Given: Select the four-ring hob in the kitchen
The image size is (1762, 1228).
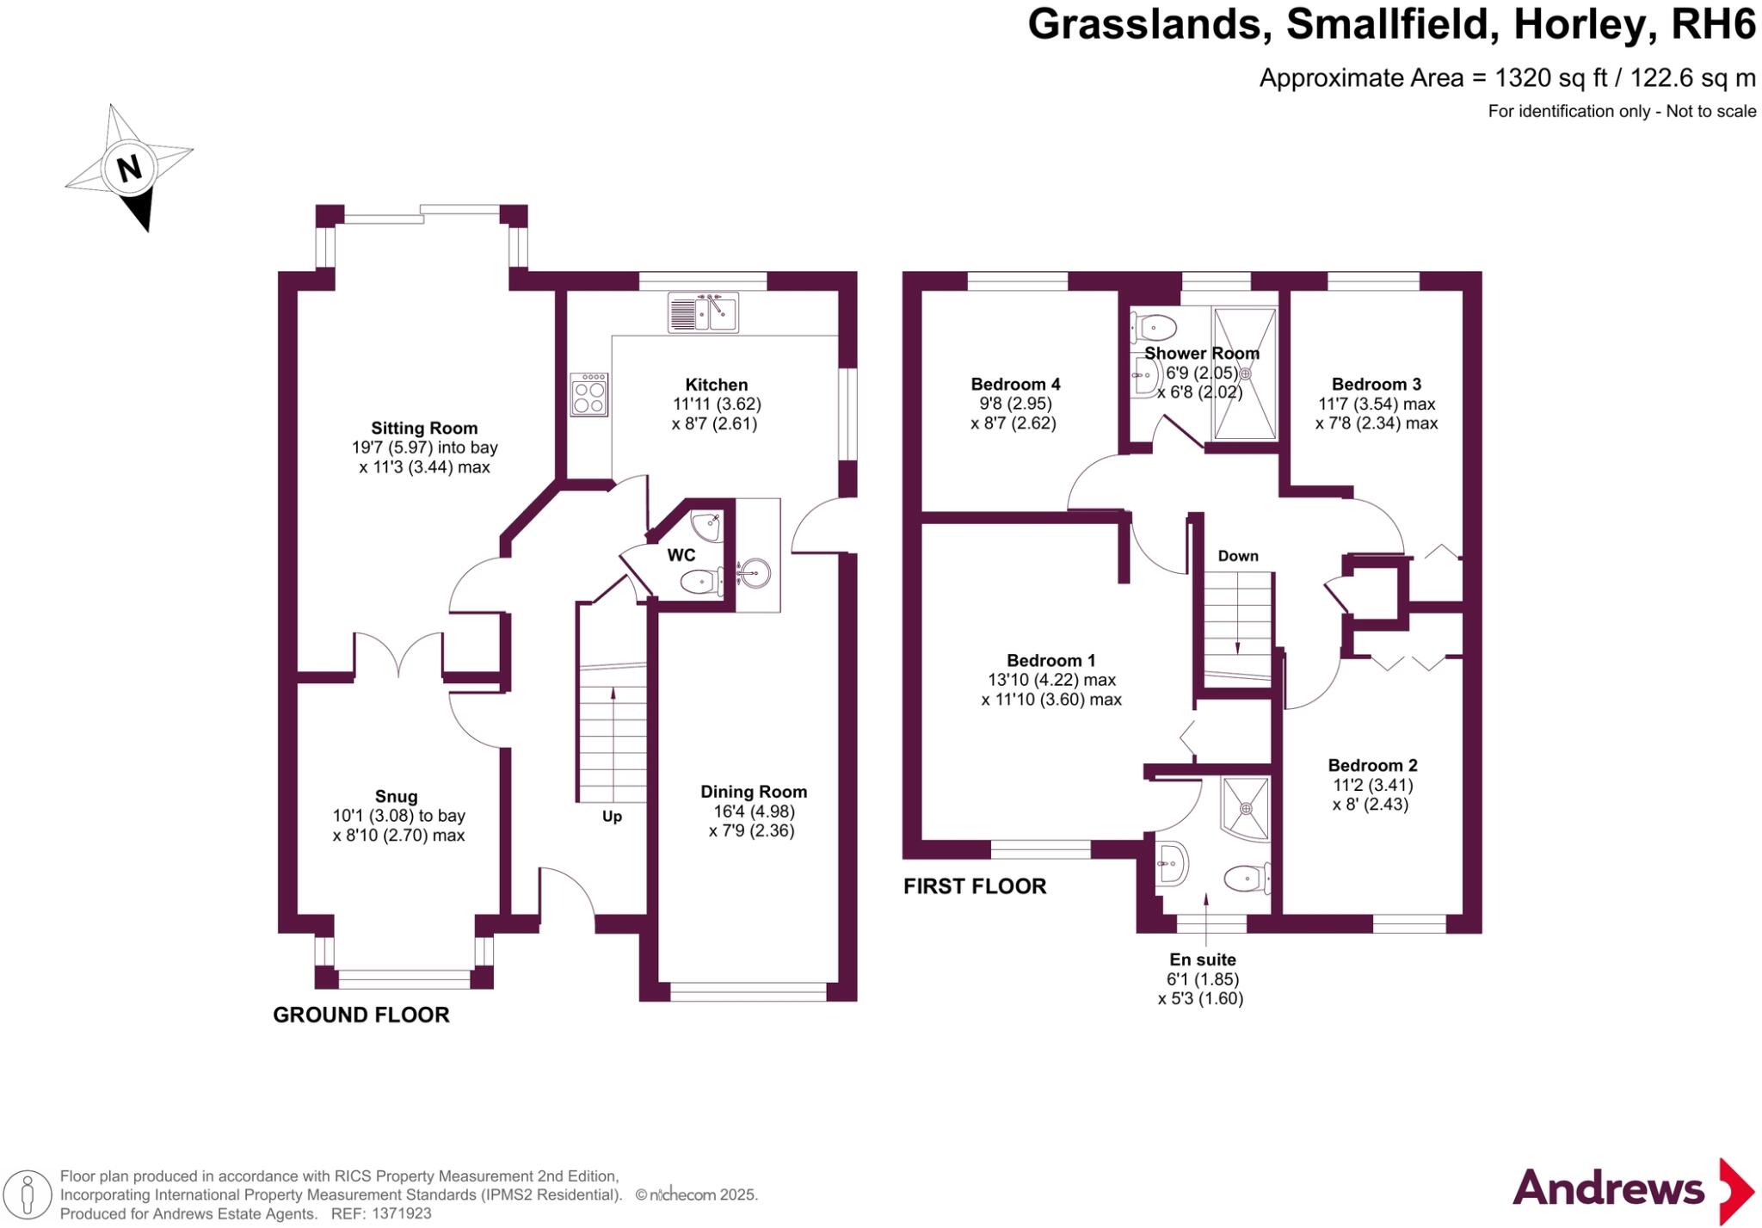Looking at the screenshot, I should point(589,395).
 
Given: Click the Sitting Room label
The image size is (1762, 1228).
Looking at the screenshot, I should point(424,428).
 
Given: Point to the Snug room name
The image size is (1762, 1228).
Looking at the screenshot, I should point(396,796).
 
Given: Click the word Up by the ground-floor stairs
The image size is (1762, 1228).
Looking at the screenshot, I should point(612,816).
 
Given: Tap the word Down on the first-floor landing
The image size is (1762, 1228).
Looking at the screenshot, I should point(1238,556).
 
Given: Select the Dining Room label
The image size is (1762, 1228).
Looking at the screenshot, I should point(754,792).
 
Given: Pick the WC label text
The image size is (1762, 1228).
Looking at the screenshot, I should point(681,555).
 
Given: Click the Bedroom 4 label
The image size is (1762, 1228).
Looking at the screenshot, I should point(1015,384).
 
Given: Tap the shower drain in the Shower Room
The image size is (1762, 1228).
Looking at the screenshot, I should point(1244,373).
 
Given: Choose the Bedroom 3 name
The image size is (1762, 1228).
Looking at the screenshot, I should point(1377,384).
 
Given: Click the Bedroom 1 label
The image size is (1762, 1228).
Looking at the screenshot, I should point(1051,660).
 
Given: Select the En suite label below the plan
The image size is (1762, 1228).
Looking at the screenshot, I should point(1202,960).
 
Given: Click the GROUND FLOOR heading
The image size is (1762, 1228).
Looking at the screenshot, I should point(361,1015).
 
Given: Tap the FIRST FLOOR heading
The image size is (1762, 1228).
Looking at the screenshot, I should point(975,886).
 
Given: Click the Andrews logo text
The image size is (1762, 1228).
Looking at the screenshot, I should point(1608,1189).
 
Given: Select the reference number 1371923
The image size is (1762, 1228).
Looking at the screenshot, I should point(402,1214).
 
